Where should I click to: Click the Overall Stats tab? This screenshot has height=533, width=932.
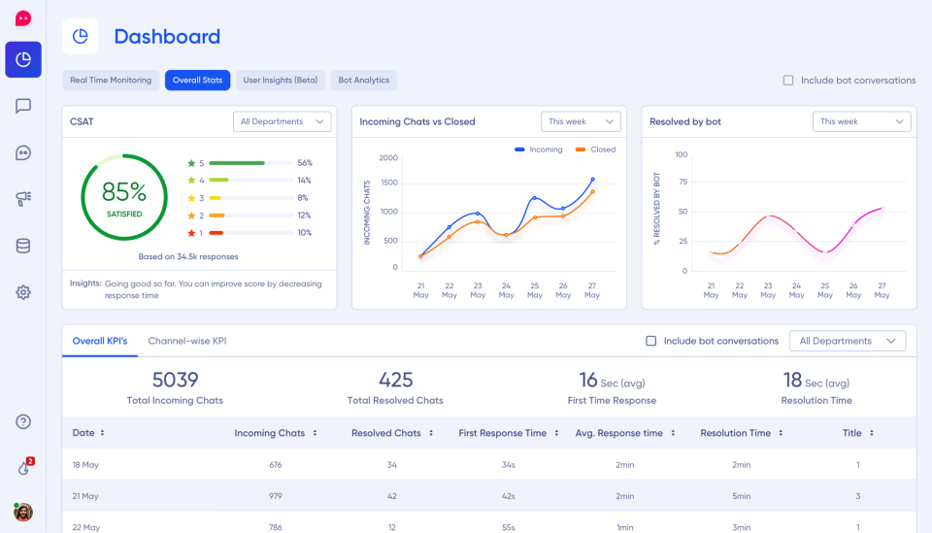[x=197, y=81]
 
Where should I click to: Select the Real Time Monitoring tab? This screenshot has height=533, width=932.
[x=111, y=81]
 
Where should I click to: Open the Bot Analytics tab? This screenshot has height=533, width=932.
[x=363, y=81]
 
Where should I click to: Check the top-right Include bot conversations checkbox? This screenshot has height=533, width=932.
[x=788, y=81]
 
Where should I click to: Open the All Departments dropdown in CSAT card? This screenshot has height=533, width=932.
[x=282, y=121]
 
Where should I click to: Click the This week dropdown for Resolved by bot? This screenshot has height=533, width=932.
[x=861, y=121]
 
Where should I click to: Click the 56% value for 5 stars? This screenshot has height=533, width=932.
[x=305, y=163]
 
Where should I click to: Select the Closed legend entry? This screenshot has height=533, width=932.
[x=596, y=150]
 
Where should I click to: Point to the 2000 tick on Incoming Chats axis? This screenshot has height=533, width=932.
[x=388, y=157]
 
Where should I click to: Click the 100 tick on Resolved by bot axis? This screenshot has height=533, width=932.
[x=681, y=154]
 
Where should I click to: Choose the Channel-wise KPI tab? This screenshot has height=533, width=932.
[x=186, y=341]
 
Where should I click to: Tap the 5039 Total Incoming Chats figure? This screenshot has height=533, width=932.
[x=175, y=380]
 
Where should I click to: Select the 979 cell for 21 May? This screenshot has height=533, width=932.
[x=275, y=496]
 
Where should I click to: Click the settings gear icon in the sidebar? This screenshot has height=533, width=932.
[x=23, y=292]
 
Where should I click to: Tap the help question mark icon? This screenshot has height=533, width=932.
[x=23, y=421]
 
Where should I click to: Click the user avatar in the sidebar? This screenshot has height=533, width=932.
[x=23, y=512]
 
